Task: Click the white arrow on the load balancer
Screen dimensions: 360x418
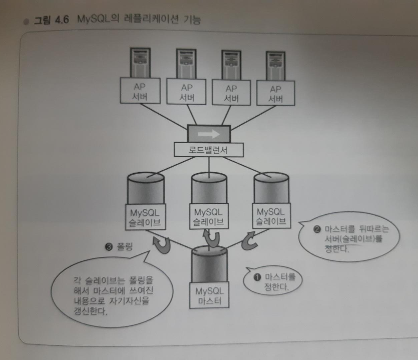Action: coord(209,134)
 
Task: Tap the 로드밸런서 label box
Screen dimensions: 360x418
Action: coord(209,150)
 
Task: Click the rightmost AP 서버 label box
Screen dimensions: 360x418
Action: coord(275,94)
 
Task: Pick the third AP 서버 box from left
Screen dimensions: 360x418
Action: coord(231,93)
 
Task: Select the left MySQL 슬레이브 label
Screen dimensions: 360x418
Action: coord(145,217)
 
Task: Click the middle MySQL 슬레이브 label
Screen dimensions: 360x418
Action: coord(209,217)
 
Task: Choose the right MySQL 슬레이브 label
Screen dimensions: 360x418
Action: coord(271,216)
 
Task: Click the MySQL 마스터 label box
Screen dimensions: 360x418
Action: coord(209,296)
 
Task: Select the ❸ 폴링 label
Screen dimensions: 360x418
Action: coord(119,247)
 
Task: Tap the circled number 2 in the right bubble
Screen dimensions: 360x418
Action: coord(317,229)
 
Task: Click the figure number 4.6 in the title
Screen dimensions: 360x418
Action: coord(62,20)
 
